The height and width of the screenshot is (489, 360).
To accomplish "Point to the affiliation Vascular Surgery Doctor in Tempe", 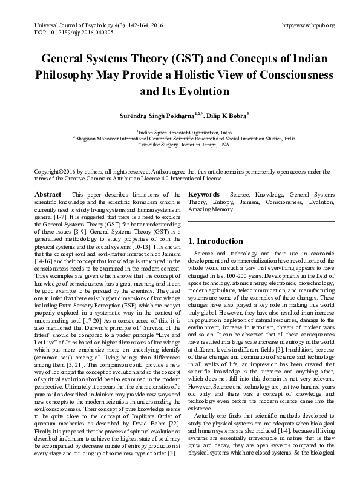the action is click(185, 145).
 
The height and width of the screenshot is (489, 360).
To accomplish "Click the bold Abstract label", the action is click(48, 194).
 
